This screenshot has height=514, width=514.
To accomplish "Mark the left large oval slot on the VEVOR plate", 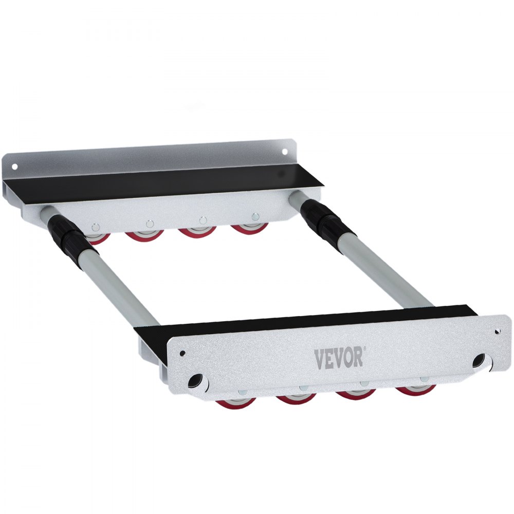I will click(195, 380).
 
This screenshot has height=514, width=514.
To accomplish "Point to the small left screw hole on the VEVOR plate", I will click(182, 353).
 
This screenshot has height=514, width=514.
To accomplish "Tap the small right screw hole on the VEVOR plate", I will click(497, 332).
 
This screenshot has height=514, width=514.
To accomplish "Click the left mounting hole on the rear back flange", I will click(14, 166).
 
